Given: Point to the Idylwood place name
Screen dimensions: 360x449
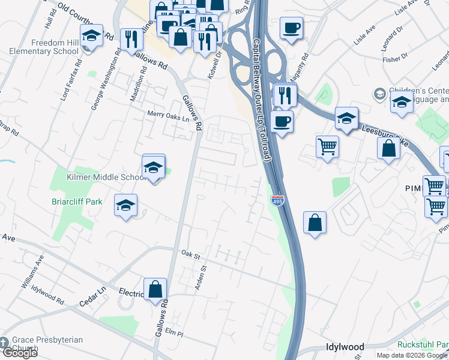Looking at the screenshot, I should pyautogui.click(x=345, y=347).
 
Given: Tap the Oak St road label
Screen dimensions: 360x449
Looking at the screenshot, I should pyautogui.click(x=190, y=254).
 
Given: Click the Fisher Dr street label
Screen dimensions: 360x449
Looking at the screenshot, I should pyautogui.click(x=394, y=59).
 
